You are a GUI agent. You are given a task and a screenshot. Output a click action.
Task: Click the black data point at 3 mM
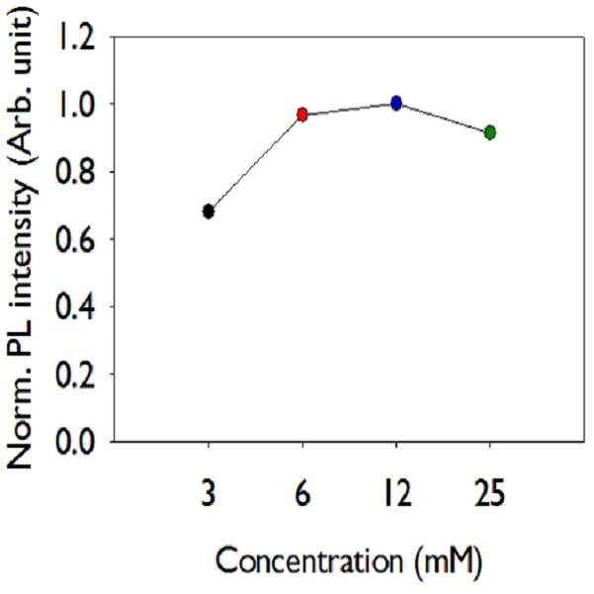pos(209,212)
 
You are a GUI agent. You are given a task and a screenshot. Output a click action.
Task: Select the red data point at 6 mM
pos(302,114)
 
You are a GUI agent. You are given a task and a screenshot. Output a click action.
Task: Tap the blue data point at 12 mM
pos(396,103)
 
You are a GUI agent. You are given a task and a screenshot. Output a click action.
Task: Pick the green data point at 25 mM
pos(490,132)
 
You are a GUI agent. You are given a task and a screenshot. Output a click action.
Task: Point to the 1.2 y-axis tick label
pos(75,38)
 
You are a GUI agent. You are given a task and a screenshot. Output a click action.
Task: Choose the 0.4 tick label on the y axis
pos(75,306)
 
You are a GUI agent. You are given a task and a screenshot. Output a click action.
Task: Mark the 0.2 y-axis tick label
pos(75,374)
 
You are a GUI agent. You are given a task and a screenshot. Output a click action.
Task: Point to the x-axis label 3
pos(209,493)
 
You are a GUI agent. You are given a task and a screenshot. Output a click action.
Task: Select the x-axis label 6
pos(302,493)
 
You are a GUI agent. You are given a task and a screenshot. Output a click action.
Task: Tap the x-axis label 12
pos(397,493)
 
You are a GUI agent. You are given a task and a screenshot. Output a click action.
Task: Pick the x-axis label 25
pos(490,493)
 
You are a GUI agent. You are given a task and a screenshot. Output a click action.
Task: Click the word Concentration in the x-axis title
pos(309,560)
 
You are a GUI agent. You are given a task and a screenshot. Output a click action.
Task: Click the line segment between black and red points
pos(255,163)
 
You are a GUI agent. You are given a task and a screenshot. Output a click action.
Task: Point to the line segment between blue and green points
pos(443,118)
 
